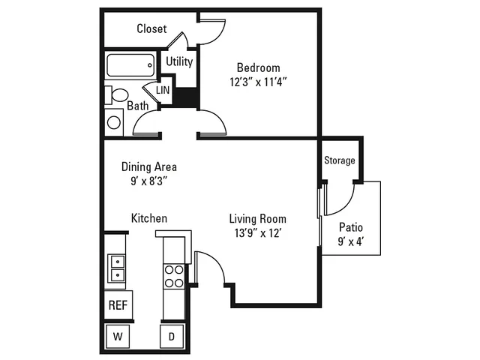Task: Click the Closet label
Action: point(151,28)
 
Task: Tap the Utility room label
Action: point(179,61)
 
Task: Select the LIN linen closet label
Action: point(163,90)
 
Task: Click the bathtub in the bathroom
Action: point(130,65)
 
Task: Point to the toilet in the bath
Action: point(117,95)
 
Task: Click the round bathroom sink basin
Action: point(114,122)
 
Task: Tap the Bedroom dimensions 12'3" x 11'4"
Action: point(258,82)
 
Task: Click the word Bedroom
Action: point(258,67)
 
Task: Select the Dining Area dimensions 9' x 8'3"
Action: point(149,181)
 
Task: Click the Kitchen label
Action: point(149,218)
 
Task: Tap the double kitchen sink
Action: point(117,268)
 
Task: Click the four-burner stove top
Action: point(174,277)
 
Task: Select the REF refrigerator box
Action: point(118,305)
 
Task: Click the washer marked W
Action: point(118,337)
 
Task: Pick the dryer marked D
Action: point(172,337)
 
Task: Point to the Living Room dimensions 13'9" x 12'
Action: point(258,233)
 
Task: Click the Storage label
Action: point(340,160)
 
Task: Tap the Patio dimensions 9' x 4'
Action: point(351,241)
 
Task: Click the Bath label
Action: point(138,106)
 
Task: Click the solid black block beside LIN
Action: point(186,97)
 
